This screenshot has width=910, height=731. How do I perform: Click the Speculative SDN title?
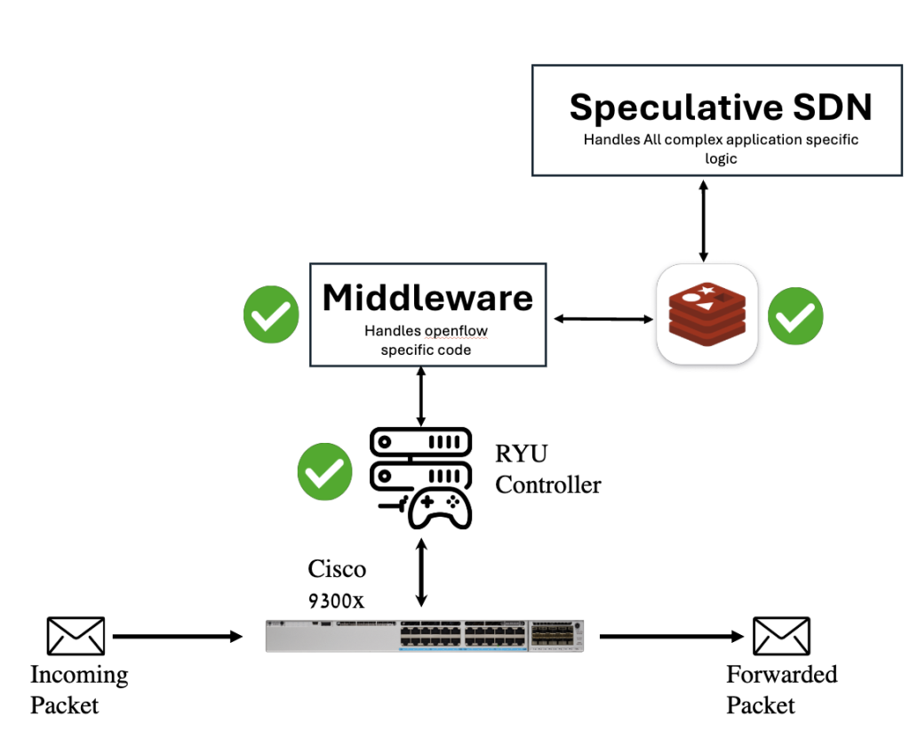pyautogui.click(x=721, y=107)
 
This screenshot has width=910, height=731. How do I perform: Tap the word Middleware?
pyautogui.click(x=427, y=298)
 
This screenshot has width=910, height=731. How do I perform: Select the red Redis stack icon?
pyautogui.click(x=706, y=314)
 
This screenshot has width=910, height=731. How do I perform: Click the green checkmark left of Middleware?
pyautogui.click(x=271, y=314)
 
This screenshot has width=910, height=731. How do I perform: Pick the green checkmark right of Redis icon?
pyautogui.click(x=795, y=316)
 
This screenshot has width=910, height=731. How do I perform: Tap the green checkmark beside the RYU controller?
pyautogui.click(x=324, y=471)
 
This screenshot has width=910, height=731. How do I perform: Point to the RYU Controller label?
pyautogui.click(x=547, y=470)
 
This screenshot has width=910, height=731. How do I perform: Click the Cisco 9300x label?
pyautogui.click(x=337, y=583)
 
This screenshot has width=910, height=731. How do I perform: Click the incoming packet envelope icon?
pyautogui.click(x=76, y=637)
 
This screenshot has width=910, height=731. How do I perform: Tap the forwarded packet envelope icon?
pyautogui.click(x=781, y=637)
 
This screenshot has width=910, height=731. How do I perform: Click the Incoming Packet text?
pyautogui.click(x=79, y=690)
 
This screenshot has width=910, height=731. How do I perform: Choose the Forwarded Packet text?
pyautogui.click(x=781, y=690)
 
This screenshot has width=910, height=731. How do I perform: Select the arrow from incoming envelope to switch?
pyautogui.click(x=178, y=637)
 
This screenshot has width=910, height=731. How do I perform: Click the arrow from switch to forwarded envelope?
pyautogui.click(x=671, y=637)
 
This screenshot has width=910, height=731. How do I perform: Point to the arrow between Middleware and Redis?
pyautogui.click(x=601, y=317)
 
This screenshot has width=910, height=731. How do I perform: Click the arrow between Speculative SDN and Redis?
pyautogui.click(x=704, y=220)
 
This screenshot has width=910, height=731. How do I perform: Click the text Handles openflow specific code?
pyautogui.click(x=427, y=340)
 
